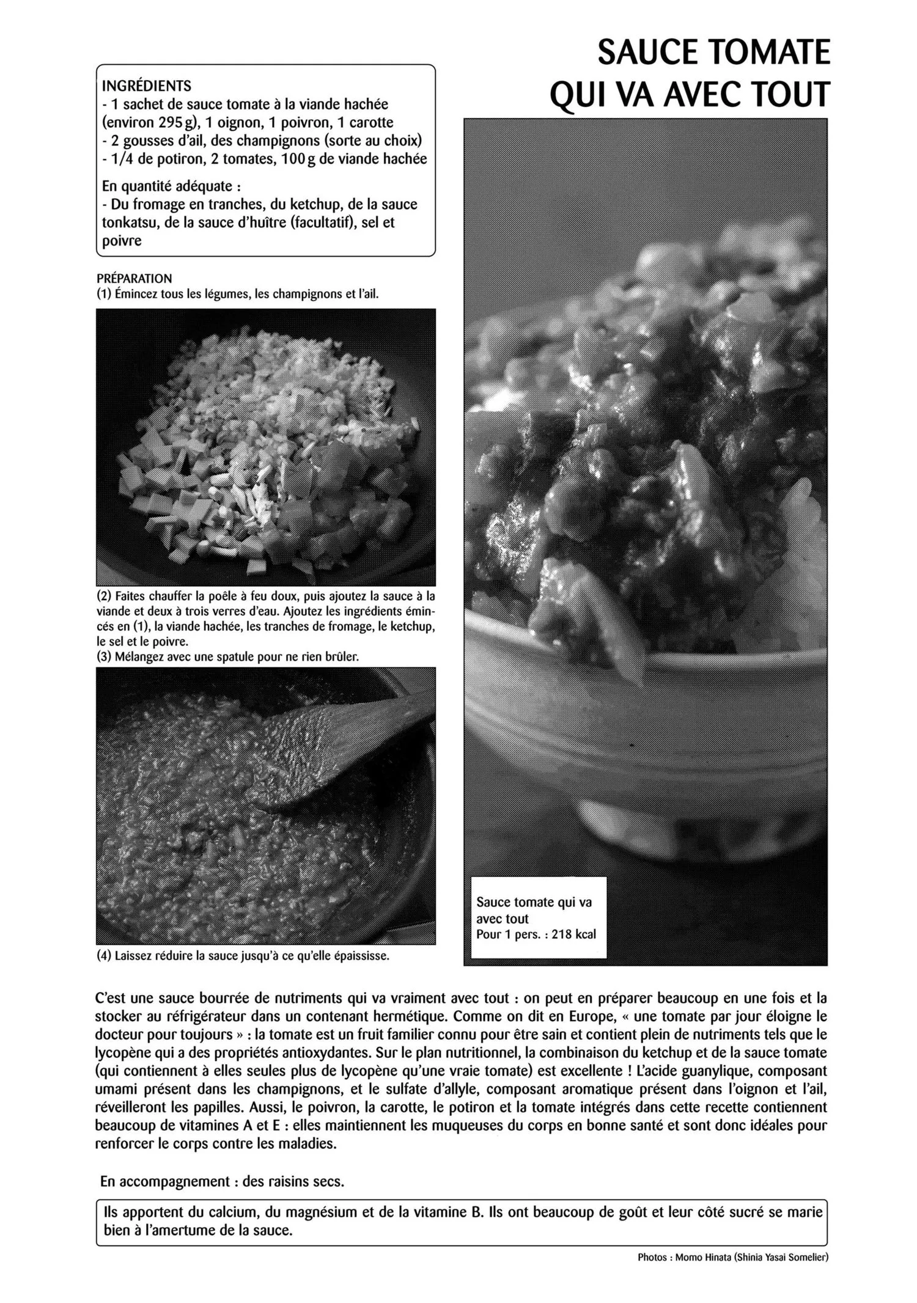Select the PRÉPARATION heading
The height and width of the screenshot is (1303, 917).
(x=134, y=279)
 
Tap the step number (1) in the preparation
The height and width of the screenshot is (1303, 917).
(x=104, y=294)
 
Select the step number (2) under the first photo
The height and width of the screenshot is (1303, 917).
(x=104, y=595)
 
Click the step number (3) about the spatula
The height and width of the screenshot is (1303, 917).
(x=104, y=657)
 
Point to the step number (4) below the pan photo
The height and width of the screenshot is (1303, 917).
(x=104, y=955)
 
